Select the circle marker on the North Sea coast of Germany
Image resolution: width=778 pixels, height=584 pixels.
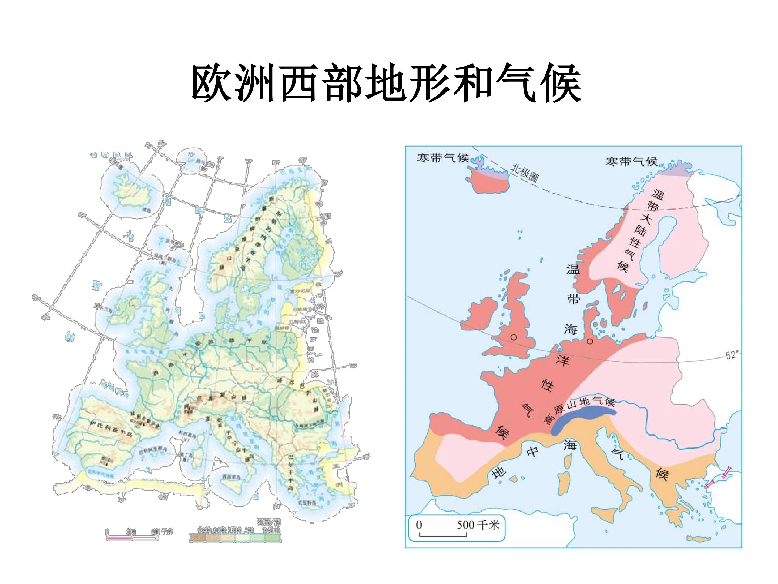[590, 341]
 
